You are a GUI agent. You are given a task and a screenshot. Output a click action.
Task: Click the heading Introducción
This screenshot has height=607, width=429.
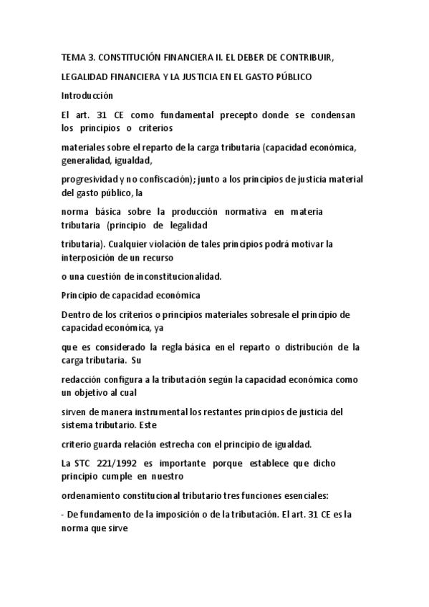(87, 95)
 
